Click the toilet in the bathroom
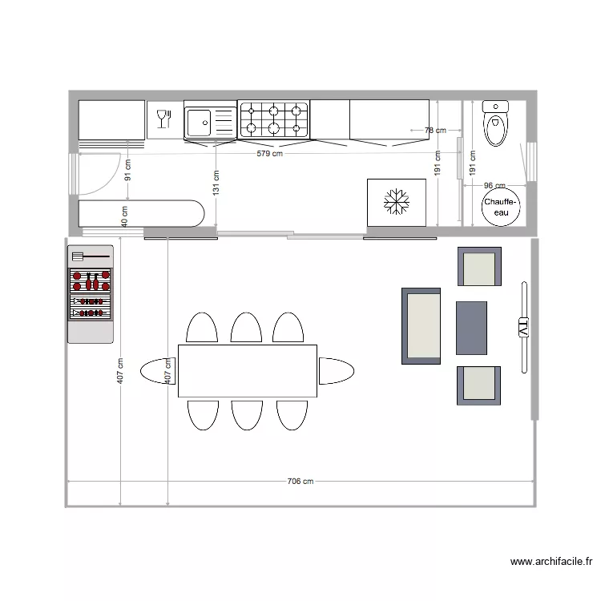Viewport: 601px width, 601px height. coord(496,123)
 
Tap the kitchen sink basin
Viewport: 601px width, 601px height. coord(198,123)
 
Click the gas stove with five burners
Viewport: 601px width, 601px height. coord(273,119)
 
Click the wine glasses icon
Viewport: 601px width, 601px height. coord(164,119)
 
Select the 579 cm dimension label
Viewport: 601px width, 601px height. coord(269,154)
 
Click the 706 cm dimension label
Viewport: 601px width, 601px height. coord(300,482)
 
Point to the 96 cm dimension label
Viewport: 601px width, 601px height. coord(494,185)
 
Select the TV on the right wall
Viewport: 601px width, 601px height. coord(524,327)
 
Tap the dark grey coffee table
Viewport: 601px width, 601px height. coord(471,328)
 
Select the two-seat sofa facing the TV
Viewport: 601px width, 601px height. coord(422,326)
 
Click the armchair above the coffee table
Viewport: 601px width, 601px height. coord(479,268)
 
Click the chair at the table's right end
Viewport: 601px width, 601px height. coord(337,371)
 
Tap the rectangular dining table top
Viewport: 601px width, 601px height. coord(247,370)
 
